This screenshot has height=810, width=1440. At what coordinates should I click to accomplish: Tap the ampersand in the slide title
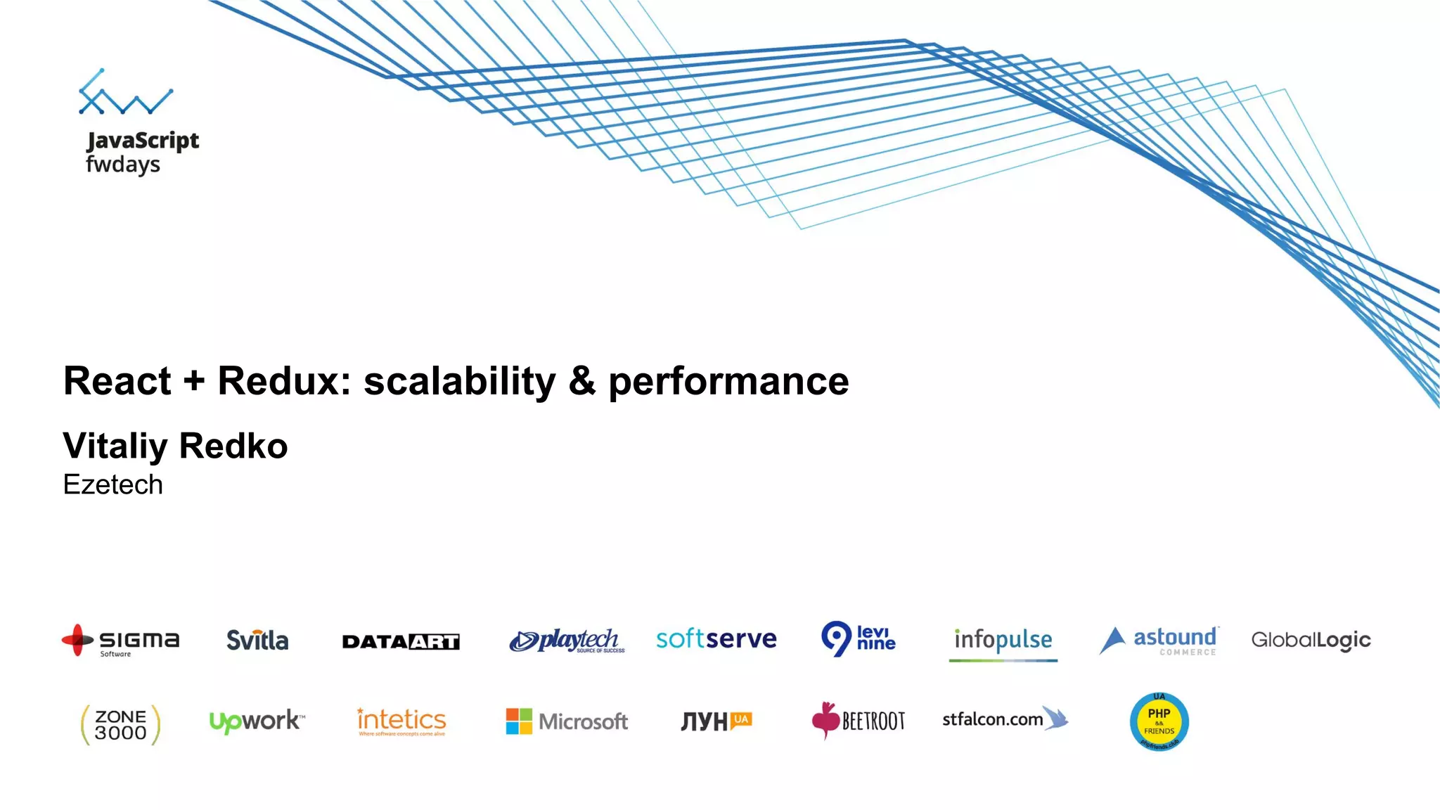tap(582, 381)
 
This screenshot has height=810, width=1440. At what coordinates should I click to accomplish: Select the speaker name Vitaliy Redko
tap(175, 446)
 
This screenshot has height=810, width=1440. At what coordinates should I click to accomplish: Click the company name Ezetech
tap(112, 484)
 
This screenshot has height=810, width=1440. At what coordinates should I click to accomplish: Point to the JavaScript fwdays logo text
tap(142, 152)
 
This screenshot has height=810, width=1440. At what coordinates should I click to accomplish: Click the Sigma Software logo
tap(121, 641)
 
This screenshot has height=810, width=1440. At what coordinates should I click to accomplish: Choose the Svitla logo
tap(257, 640)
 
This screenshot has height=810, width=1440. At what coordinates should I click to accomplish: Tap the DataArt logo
tap(401, 641)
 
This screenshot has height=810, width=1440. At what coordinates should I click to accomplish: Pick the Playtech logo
tap(567, 641)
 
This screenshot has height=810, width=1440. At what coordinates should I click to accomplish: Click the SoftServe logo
tap(716, 638)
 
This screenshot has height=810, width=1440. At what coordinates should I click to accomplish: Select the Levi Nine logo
tap(859, 638)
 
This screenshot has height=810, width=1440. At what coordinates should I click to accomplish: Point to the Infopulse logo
tap(1003, 641)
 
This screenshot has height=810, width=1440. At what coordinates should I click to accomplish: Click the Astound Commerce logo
tap(1159, 640)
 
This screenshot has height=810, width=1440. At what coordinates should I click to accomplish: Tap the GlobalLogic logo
tap(1311, 640)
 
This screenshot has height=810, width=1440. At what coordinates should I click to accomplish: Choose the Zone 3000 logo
tap(120, 724)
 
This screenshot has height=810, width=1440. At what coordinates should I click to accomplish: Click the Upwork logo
tap(257, 721)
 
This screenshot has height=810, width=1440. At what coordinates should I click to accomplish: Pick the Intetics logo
tap(401, 721)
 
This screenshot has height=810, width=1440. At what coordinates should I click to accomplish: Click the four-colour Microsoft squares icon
tap(519, 721)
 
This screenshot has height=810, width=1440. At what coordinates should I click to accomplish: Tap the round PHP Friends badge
tap(1159, 722)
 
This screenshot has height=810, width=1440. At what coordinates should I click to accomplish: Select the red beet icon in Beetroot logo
tap(825, 719)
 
